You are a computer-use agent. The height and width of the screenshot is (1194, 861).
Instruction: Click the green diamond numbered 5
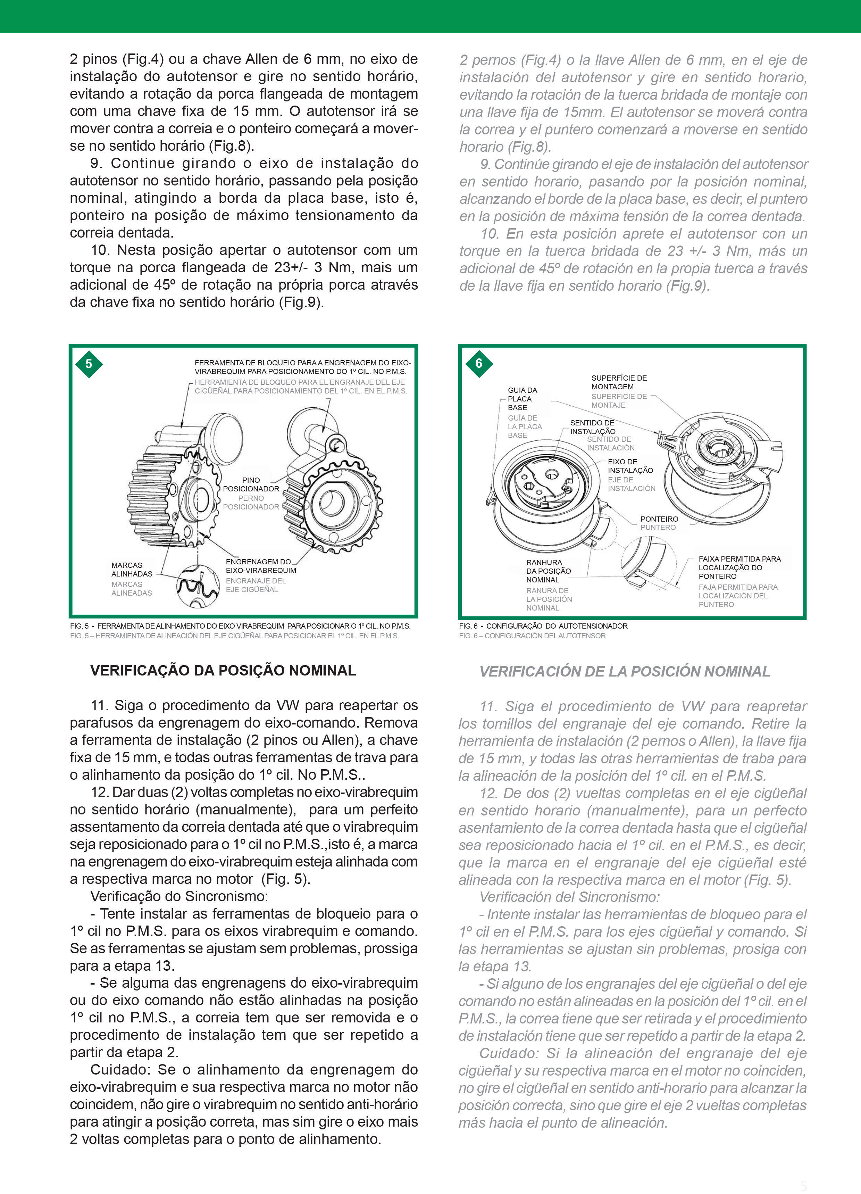pyautogui.click(x=89, y=364)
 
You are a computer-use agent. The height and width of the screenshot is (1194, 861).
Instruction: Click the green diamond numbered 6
pyautogui.click(x=478, y=363)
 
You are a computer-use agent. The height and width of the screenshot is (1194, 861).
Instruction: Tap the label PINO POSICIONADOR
pyautogui.click(x=251, y=484)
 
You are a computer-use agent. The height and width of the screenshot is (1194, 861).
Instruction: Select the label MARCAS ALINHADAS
pyautogui.click(x=132, y=570)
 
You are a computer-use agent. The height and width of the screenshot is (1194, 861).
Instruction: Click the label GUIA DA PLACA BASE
pyautogui.click(x=522, y=399)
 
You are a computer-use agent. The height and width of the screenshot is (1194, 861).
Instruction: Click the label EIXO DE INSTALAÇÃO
pyautogui.click(x=630, y=466)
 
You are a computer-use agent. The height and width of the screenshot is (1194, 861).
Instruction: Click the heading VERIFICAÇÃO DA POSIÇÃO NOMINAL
pyautogui.click(x=223, y=671)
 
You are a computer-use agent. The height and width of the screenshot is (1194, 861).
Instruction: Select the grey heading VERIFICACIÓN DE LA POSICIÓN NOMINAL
pyautogui.click(x=624, y=672)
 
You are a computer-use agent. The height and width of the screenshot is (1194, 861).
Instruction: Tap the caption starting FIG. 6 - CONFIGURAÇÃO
pyautogui.click(x=543, y=626)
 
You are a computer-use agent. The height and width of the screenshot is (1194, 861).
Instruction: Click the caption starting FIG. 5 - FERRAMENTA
pyautogui.click(x=240, y=626)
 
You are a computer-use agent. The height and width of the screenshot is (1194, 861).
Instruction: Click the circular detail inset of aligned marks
pyautogui.click(x=198, y=586)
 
